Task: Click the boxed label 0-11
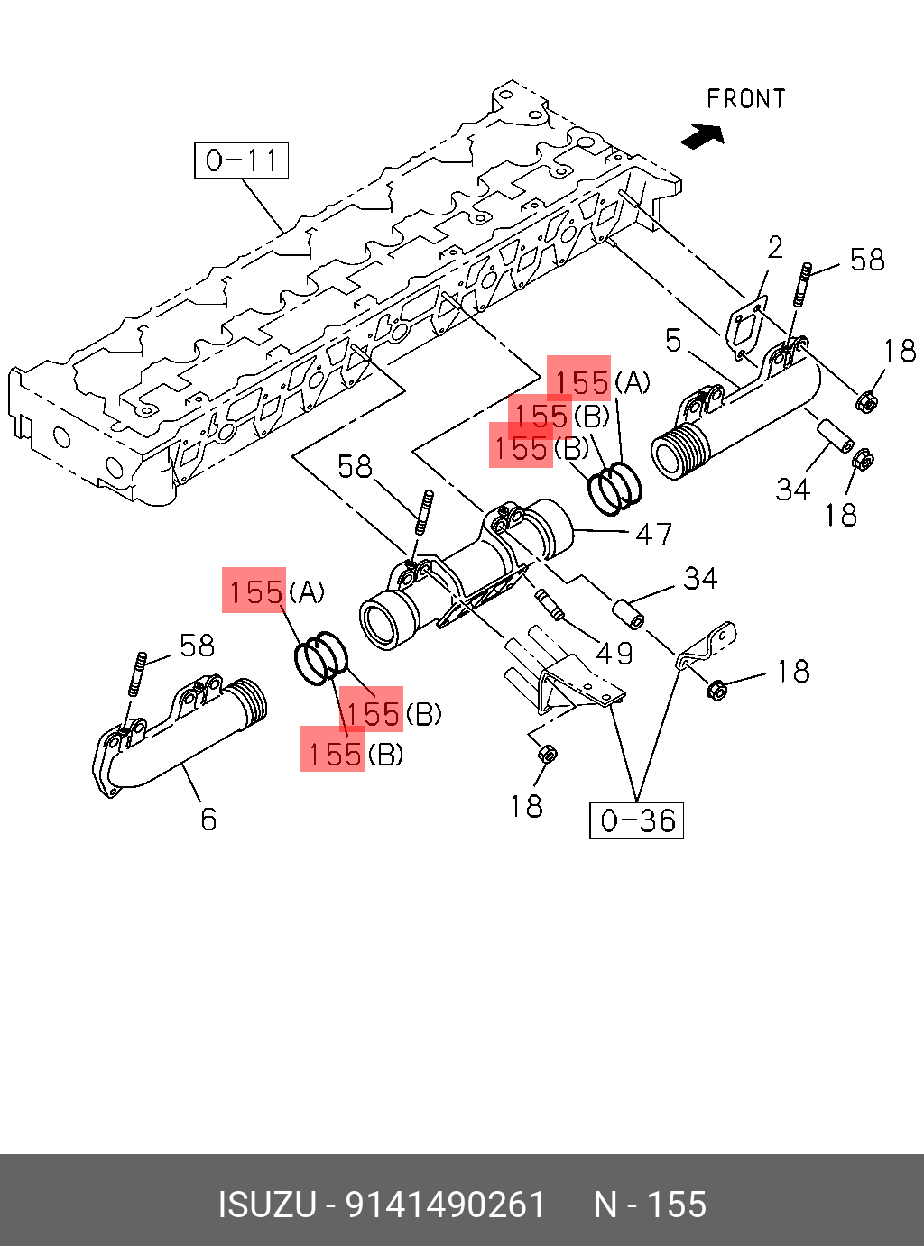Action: [x=241, y=160]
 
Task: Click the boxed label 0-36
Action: [x=636, y=820]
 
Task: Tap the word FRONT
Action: [x=745, y=99]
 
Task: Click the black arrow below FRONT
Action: [x=702, y=136]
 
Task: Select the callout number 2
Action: [x=775, y=248]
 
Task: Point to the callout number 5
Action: [x=673, y=341]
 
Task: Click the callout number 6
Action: [x=208, y=819]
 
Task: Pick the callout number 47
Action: [x=653, y=534]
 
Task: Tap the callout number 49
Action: [x=614, y=654]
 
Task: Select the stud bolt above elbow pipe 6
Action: [x=136, y=674]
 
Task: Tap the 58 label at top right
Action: [x=867, y=260]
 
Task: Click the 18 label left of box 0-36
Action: [x=526, y=806]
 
